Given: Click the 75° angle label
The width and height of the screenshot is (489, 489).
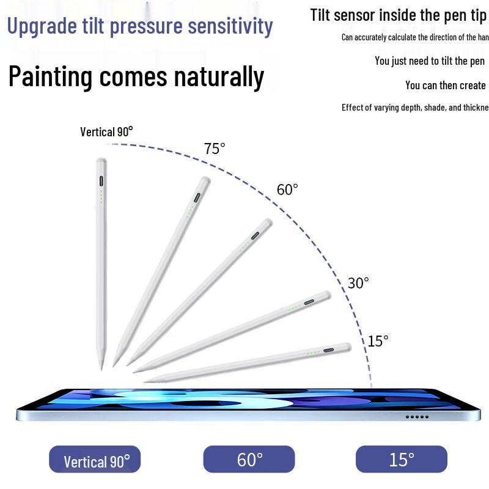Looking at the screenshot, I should (215, 149).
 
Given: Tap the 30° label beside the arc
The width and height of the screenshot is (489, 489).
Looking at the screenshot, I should (358, 283).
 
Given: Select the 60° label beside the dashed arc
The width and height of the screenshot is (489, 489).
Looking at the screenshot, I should (287, 189).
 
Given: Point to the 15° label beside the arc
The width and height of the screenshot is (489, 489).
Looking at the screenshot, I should (378, 341).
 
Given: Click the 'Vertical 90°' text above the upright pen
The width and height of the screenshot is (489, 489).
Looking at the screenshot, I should (106, 131).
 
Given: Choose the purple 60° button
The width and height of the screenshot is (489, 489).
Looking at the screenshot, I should (249, 459).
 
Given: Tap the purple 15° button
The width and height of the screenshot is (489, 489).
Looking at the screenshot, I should (402, 459).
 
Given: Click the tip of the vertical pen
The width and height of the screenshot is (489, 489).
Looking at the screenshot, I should (101, 367).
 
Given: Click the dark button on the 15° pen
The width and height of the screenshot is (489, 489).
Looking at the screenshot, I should (329, 351).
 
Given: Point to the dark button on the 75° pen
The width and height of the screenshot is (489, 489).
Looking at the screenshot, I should (197, 197).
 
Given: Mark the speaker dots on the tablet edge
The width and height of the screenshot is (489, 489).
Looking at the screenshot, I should (417, 417).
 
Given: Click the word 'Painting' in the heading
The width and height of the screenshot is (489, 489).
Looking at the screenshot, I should (50, 78).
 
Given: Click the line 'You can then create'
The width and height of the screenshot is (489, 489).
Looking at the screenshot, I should (445, 86).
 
